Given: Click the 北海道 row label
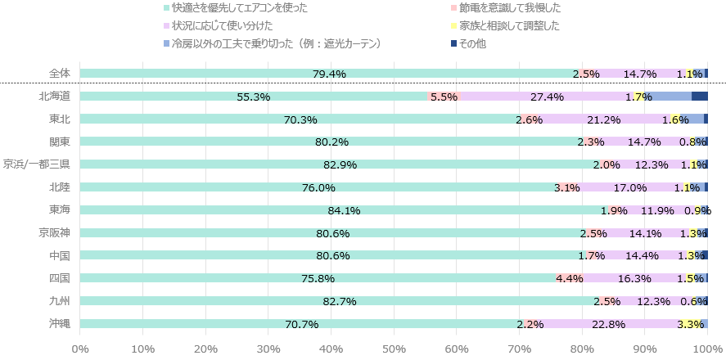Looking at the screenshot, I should click(55, 97).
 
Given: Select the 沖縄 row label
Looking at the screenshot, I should click(60, 324).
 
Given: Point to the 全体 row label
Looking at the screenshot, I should click(60, 74).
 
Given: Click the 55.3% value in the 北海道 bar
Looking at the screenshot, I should click(253, 97).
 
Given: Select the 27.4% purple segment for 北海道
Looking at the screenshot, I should click(547, 97).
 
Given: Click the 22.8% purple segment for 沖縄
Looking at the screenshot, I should click(607, 324).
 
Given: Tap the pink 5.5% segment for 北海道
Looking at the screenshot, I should click(444, 97).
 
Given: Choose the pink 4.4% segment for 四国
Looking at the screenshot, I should click(569, 278).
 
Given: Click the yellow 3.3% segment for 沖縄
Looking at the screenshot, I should click(690, 324).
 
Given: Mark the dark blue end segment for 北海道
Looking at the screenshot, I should click(700, 97).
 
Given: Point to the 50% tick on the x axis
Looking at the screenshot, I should click(395, 350).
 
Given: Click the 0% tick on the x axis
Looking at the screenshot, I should click(80, 350).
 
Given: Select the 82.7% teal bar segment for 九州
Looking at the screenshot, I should click(340, 301).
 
